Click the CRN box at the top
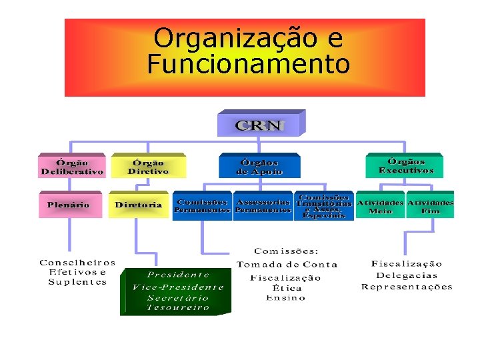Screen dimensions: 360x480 click(259, 125)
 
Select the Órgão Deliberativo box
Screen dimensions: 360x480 click(72, 167)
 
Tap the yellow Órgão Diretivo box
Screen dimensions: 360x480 click(148, 167)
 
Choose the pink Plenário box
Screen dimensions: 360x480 click(69, 205)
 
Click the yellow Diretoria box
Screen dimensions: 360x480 click(139, 205)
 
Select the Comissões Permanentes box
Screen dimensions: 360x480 click(202, 206)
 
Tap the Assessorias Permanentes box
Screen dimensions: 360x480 click(263, 206)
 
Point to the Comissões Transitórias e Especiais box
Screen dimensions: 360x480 click(323, 206)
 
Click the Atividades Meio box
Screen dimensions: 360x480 click(380, 206)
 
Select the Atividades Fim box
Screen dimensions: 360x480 click(430, 206)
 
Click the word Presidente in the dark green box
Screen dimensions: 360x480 click(178, 275)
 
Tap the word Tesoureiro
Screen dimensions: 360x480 click(178, 307)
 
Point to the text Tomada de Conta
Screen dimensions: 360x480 click(287, 264)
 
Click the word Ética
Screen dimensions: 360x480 click(287, 288)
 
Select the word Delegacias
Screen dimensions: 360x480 click(407, 275)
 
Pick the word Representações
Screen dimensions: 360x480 click(407, 287)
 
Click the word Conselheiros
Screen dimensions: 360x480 click(77, 263)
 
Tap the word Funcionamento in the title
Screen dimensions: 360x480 click(248, 65)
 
